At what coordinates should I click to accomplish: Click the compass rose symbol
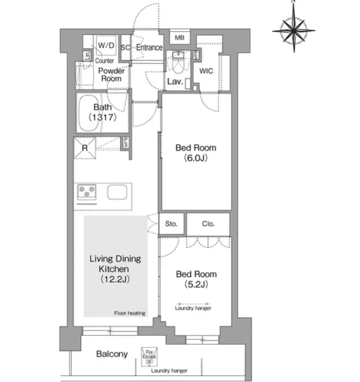click(294, 30)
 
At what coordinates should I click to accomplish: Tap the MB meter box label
click(179, 38)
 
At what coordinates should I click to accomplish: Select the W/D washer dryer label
click(106, 46)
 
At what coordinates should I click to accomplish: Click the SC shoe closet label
click(125, 48)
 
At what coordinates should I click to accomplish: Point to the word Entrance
click(149, 48)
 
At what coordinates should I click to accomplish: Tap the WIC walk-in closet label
click(206, 71)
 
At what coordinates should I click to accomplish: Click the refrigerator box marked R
click(85, 148)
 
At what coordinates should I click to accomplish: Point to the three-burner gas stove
click(87, 192)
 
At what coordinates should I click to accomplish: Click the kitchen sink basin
click(117, 192)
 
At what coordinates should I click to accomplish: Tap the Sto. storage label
click(171, 224)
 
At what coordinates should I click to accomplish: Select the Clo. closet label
click(208, 224)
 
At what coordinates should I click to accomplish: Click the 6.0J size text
click(196, 158)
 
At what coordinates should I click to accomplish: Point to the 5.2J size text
click(196, 284)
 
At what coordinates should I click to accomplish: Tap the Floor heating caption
click(130, 313)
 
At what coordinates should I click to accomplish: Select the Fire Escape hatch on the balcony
click(149, 357)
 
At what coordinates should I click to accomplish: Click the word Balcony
click(112, 354)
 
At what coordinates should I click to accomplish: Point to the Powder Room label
click(111, 75)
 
